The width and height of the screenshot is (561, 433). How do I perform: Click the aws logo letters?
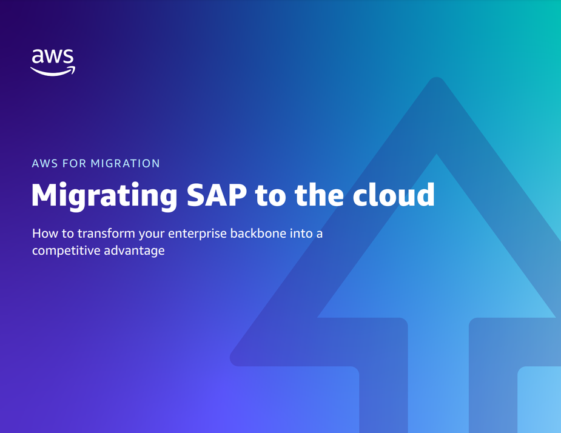pos(53,56)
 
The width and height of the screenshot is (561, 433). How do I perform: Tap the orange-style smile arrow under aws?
pos(53,71)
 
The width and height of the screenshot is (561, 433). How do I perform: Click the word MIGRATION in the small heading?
pos(125,164)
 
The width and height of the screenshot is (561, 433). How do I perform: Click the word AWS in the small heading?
pos(45,164)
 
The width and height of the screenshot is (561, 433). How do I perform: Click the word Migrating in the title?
pos(104,196)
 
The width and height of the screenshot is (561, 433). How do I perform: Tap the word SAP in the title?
pos(217,195)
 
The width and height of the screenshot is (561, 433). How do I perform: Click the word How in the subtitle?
pos(45,233)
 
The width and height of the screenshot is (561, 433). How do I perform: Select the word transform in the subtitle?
pos(106,233)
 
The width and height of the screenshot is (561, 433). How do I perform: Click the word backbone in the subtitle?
pos(258,233)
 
